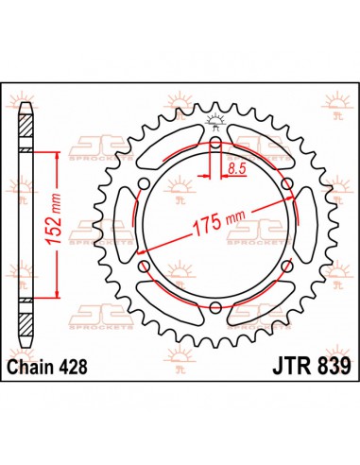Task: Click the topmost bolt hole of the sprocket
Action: coord(215,146)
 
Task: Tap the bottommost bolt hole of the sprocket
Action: coord(215,308)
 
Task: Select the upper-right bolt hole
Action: coord(285,187)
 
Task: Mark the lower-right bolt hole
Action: coord(285,267)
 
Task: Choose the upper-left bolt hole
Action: coord(146,187)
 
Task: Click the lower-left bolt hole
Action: coord(146,267)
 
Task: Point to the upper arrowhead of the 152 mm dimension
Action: coord(63,153)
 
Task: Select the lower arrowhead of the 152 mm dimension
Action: coord(63,298)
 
